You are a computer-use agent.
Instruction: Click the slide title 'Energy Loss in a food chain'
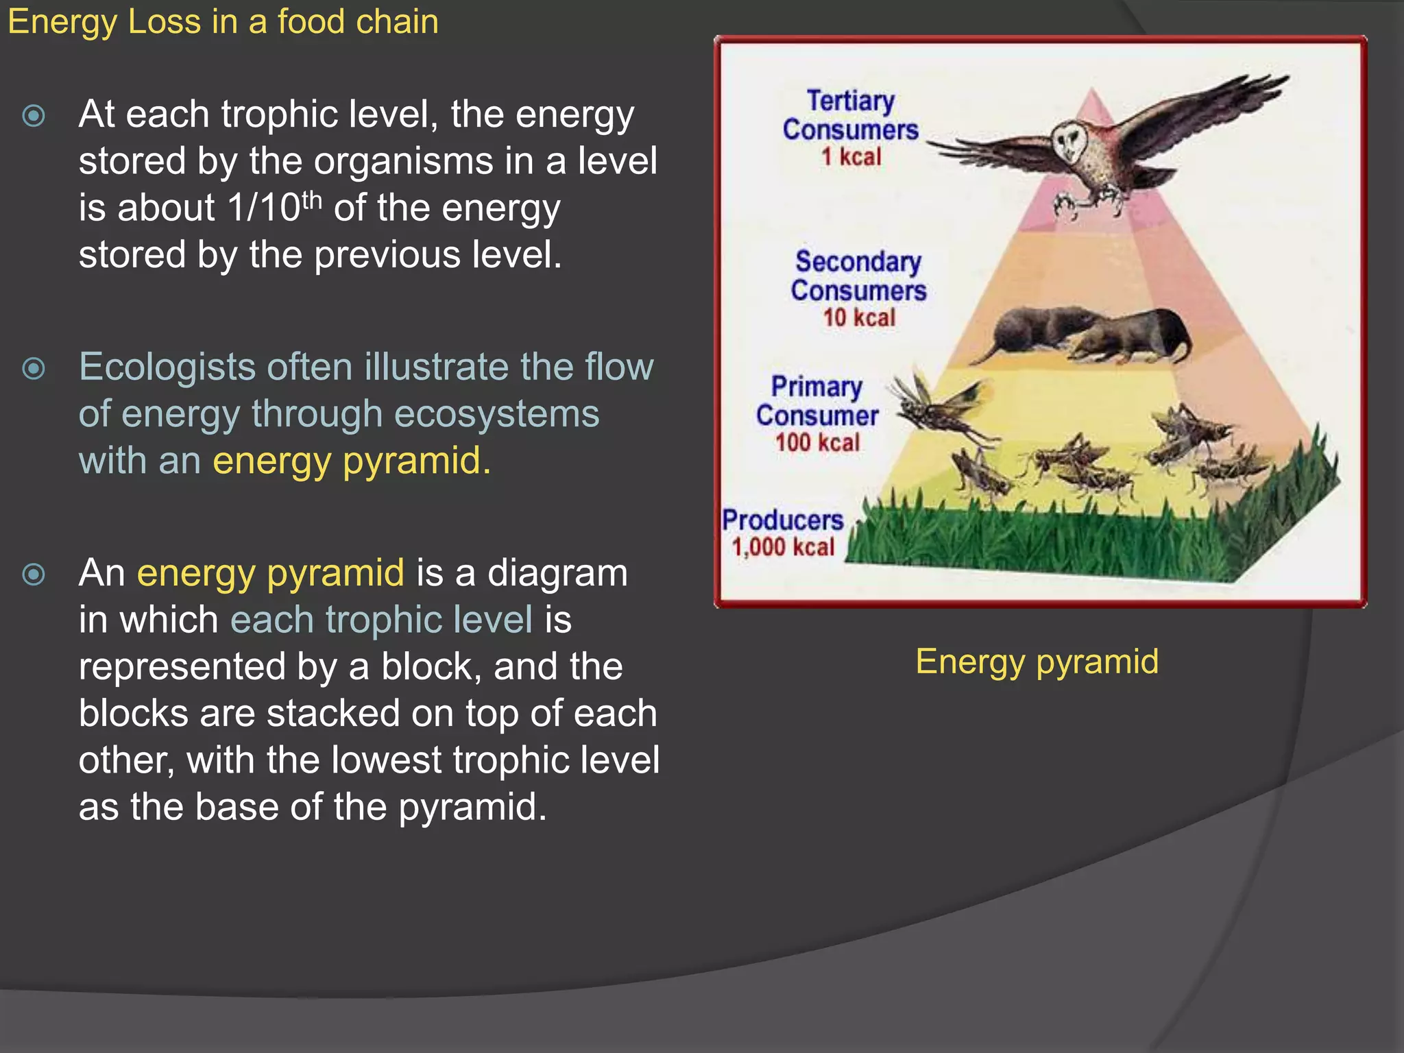pyautogui.click(x=223, y=22)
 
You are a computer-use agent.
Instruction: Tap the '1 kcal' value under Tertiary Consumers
pyautogui.click(x=851, y=157)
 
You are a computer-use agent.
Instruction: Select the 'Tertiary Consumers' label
pyautogui.click(x=851, y=115)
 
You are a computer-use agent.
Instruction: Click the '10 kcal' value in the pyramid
pyautogui.click(x=859, y=317)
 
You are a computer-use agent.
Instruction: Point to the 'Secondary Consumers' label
pyautogui.click(x=858, y=276)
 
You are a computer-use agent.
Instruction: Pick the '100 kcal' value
pyautogui.click(x=817, y=442)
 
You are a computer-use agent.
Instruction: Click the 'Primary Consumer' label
pyautogui.click(x=817, y=401)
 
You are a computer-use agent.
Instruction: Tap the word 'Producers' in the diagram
pyautogui.click(x=782, y=520)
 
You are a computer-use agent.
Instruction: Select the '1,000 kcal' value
pyautogui.click(x=783, y=547)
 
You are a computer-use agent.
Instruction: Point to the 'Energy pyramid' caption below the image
pyautogui.click(x=1037, y=662)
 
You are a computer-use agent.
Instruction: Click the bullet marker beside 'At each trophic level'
pyautogui.click(x=34, y=115)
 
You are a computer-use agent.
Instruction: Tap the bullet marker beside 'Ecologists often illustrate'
pyautogui.click(x=34, y=369)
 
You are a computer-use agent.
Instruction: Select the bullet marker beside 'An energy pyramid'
pyautogui.click(x=34, y=574)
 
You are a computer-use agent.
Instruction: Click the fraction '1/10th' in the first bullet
pyautogui.click(x=274, y=207)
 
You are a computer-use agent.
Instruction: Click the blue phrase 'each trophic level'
pyautogui.click(x=381, y=620)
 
